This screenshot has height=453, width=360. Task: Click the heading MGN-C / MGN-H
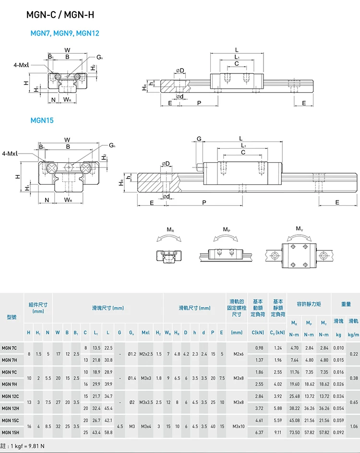[x=60, y=15]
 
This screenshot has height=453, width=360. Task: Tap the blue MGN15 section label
[x=42, y=120]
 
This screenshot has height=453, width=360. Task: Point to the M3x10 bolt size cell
[x=237, y=426]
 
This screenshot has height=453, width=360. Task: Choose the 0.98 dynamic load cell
[x=259, y=348]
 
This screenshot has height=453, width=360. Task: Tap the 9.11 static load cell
[x=278, y=432]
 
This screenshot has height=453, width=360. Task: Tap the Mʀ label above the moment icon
[x=170, y=230]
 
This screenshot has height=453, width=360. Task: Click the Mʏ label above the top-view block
[x=299, y=228]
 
